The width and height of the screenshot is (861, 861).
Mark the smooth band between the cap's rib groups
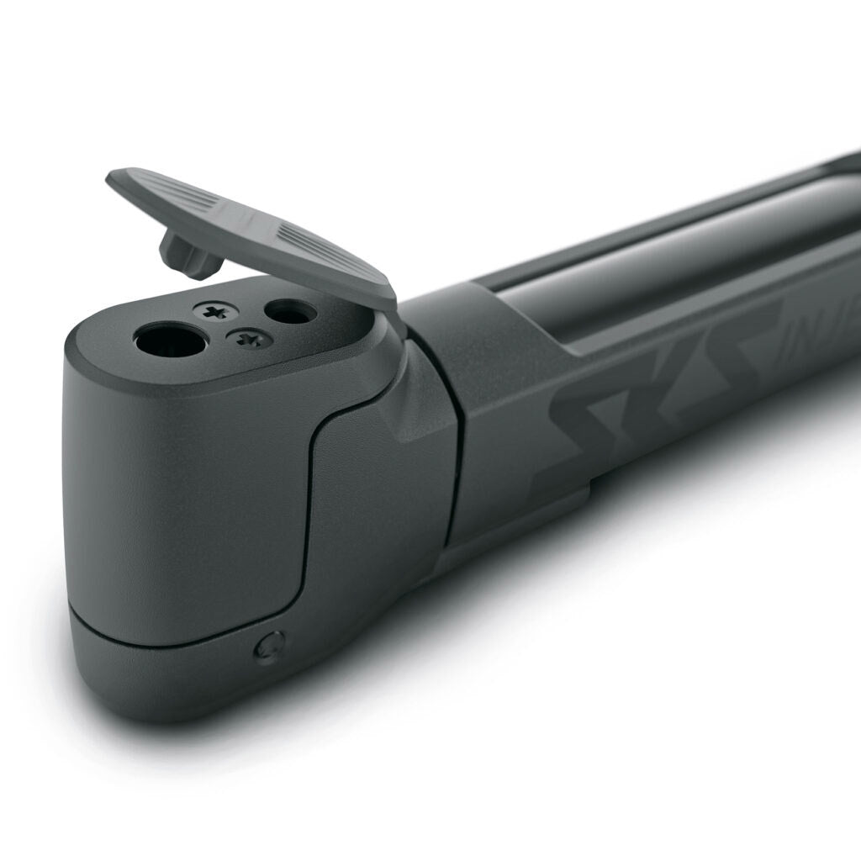pos(244,221)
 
